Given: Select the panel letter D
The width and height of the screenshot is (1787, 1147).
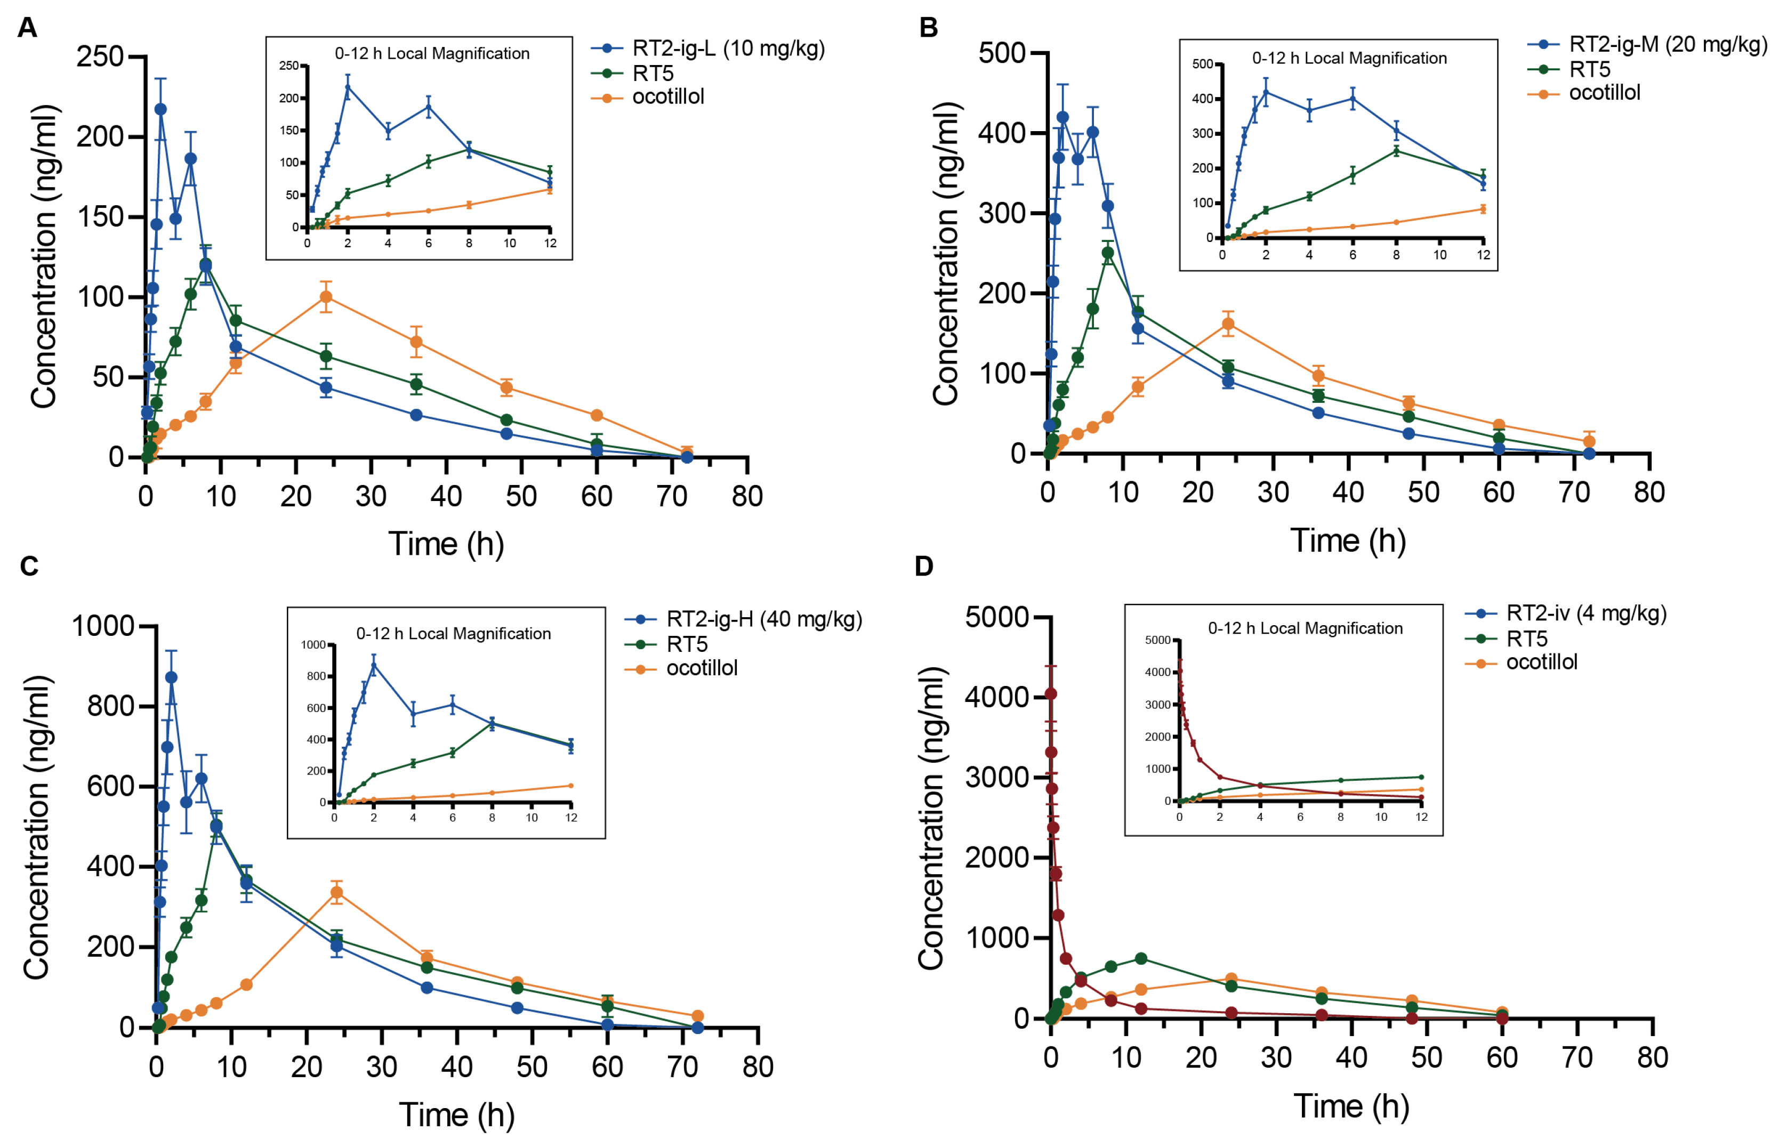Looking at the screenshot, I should click(924, 566).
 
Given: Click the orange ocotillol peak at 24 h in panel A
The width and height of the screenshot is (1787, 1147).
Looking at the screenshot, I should click(326, 297).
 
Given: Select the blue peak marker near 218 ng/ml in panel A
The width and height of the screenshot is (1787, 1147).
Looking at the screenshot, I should click(160, 109).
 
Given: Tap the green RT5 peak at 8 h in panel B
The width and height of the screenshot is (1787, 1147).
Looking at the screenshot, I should click(1108, 253).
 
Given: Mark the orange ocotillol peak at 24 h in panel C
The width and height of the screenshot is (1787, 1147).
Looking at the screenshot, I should click(337, 892).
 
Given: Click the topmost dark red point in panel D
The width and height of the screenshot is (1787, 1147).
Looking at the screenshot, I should click(1051, 693).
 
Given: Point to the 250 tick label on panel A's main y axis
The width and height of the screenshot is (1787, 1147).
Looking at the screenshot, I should click(100, 56).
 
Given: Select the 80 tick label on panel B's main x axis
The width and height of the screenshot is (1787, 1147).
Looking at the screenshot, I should click(1649, 492).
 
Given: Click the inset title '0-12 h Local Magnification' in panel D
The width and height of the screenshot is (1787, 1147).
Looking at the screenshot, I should click(1305, 628).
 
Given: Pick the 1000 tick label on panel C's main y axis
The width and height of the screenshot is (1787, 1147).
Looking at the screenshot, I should click(103, 626).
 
